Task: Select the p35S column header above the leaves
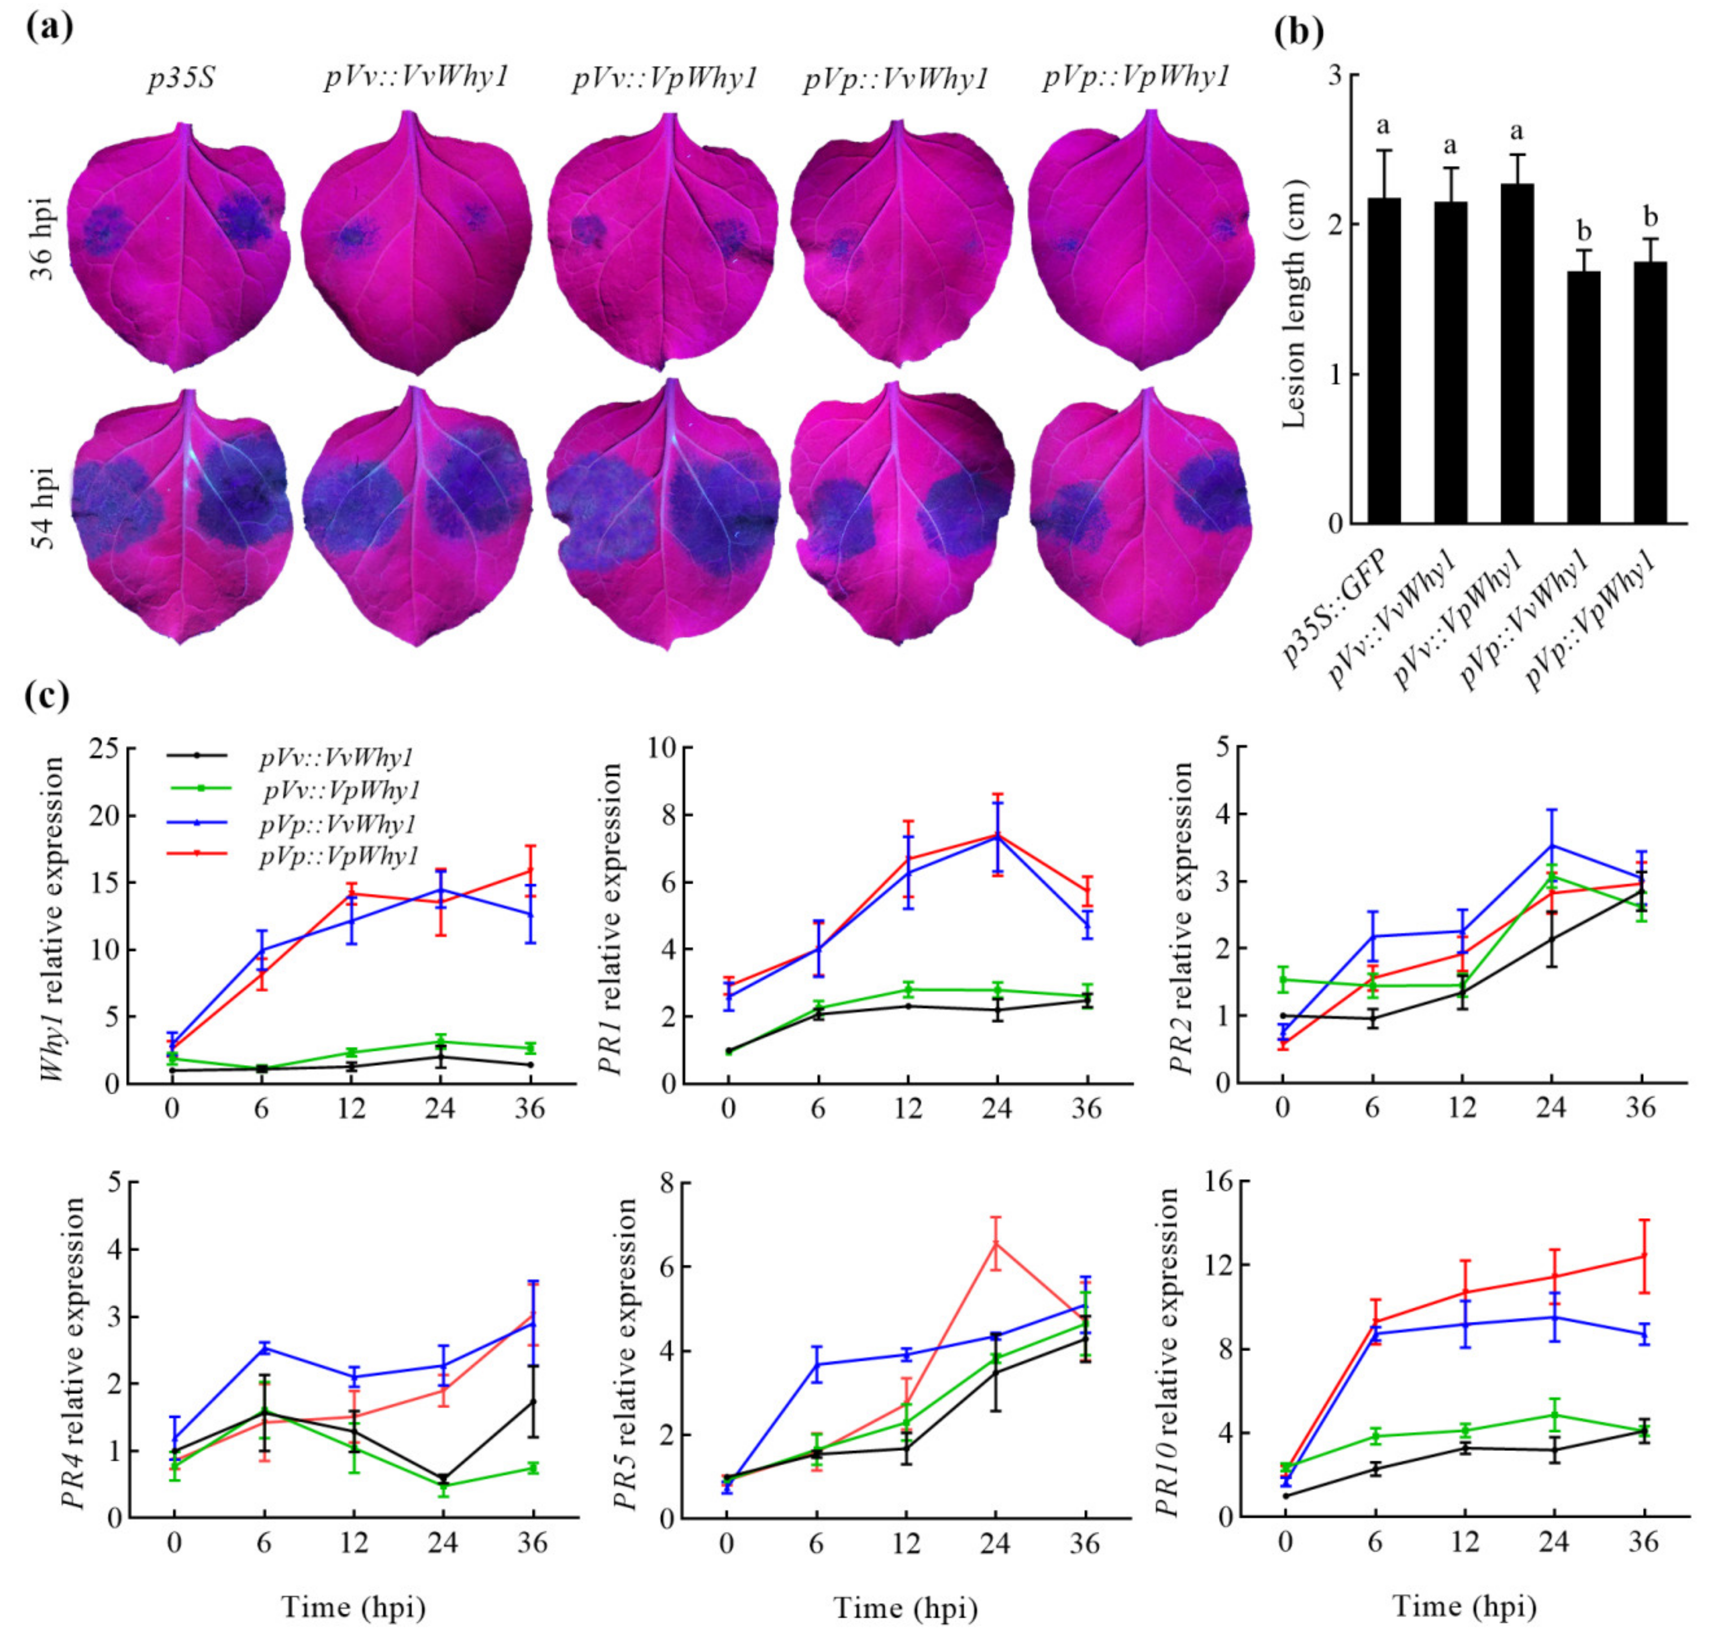[182, 80]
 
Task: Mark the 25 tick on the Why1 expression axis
[105, 748]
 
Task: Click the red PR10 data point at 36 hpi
[1644, 1256]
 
